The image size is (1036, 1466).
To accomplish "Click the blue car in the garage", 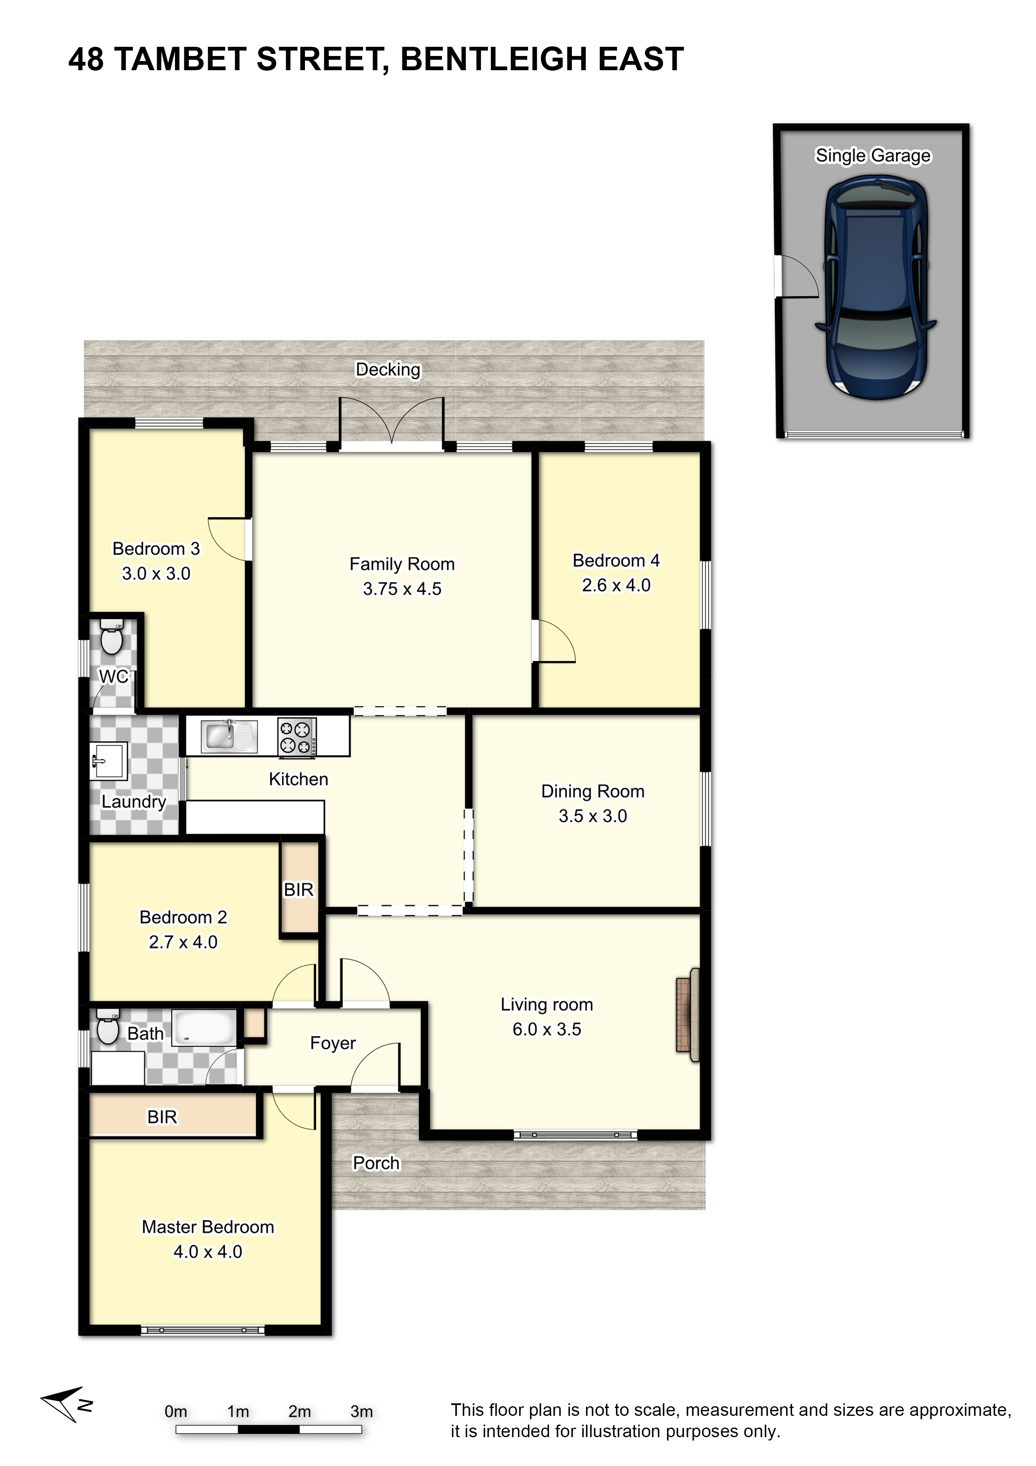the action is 876,289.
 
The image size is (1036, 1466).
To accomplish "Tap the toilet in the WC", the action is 112,636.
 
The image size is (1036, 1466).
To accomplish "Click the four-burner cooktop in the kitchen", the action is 297,738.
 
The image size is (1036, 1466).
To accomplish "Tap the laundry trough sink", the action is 109,761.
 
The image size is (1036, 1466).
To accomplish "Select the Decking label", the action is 388,370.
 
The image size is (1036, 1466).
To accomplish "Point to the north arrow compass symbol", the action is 67,1404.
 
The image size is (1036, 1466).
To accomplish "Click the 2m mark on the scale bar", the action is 300,1412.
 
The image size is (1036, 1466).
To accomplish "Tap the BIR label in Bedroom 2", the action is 299,890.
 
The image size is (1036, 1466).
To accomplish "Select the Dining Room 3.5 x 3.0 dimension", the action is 593,816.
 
